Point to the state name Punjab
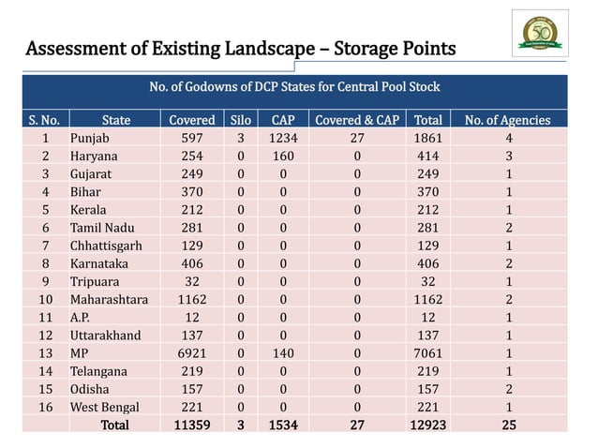click(x=90, y=139)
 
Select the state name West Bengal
click(x=104, y=407)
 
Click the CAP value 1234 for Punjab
click(x=283, y=139)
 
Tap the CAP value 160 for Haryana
click(x=283, y=157)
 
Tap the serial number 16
click(x=46, y=407)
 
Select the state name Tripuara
click(x=96, y=281)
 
